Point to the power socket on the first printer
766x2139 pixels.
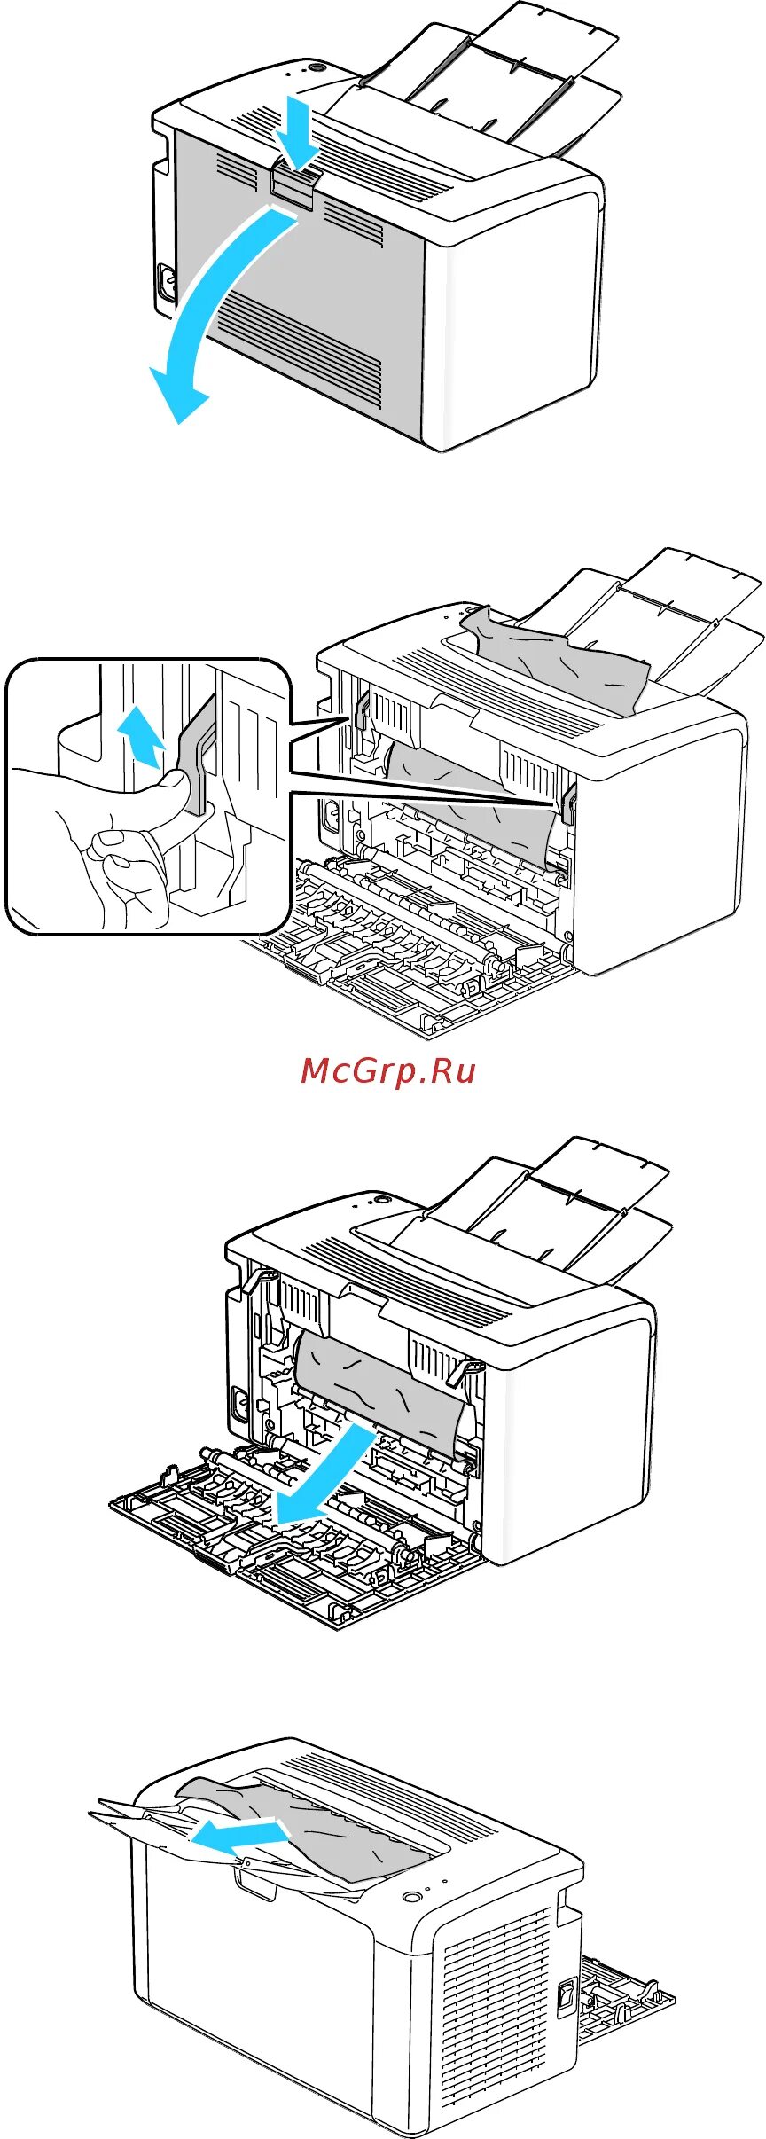click(x=166, y=282)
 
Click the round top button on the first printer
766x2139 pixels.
click(x=314, y=68)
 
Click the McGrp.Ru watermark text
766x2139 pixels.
click(x=387, y=1070)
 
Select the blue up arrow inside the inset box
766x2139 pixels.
click(x=140, y=733)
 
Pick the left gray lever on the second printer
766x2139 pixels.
click(x=362, y=709)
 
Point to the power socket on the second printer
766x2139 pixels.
click(x=331, y=816)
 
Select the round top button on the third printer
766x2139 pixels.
click(x=383, y=1200)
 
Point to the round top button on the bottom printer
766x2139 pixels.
click(x=410, y=1897)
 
